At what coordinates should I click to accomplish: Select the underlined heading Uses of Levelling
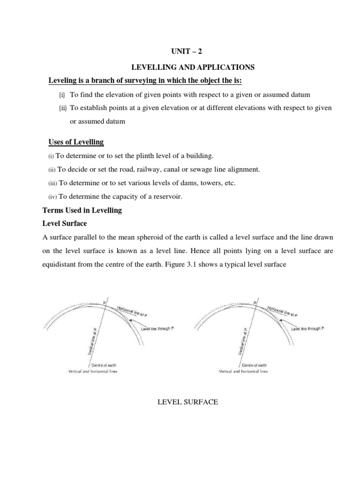coord(76,142)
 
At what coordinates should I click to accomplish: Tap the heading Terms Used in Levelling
coord(82,210)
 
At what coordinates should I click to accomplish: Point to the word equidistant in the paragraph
coord(60,264)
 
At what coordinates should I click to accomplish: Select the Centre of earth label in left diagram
coord(104,364)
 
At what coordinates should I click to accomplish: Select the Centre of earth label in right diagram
coord(254,364)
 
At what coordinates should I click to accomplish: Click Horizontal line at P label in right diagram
coord(282,311)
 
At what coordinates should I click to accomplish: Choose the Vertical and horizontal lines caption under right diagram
coord(243,371)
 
